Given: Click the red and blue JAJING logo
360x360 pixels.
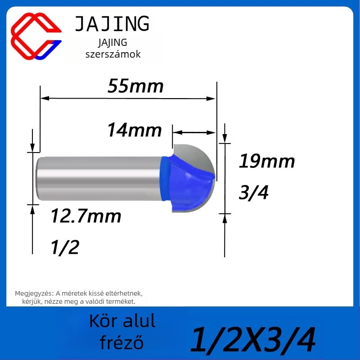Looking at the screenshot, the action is point(36,36).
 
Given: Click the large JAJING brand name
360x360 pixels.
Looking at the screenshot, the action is point(112,24).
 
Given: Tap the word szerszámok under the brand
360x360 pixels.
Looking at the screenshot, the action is point(113,54).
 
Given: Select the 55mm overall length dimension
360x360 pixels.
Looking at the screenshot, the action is point(135,86).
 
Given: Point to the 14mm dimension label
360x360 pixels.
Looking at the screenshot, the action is point(135,130).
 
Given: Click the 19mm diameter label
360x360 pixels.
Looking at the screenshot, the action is point(267,161).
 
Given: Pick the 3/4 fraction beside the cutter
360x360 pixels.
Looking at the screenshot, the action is point(253,193).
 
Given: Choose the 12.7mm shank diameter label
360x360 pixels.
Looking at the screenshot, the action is point(86,216).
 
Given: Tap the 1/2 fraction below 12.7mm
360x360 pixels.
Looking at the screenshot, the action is point(65,247).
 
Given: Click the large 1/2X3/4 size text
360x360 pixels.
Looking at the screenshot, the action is point(253,340).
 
